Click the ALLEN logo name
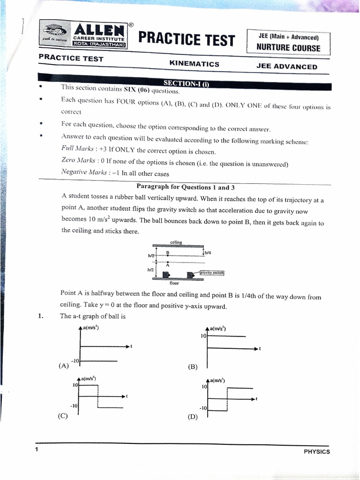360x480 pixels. coord(99,30)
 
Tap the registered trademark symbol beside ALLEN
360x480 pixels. coord(131,25)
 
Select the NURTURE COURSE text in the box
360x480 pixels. coord(288,48)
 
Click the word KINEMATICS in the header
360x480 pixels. coord(195,64)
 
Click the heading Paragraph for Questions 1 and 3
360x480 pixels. coord(186,187)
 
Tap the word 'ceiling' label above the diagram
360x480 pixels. coord(176,242)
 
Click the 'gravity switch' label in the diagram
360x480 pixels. coord(212,272)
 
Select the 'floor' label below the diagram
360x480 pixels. coord(174,283)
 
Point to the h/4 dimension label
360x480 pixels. coord(208,253)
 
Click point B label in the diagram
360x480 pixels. coord(167,253)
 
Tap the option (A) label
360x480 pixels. coord(64,366)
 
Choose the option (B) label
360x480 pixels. coord(193,367)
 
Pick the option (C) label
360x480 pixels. coord(63,416)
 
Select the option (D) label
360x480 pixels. coord(193,417)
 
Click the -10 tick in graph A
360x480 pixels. coord(75,361)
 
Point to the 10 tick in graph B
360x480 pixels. coord(203,336)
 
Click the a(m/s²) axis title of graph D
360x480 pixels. coord(217,381)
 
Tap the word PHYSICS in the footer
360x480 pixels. coord(317,451)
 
